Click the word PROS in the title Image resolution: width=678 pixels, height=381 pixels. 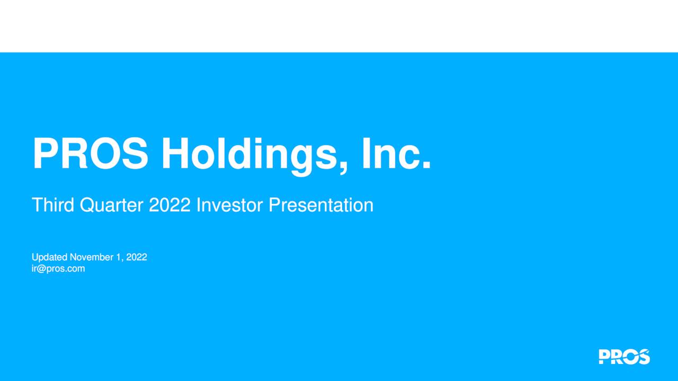tap(90, 154)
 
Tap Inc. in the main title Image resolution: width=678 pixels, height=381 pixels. tap(396, 154)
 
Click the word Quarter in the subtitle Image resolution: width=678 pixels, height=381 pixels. tap(112, 205)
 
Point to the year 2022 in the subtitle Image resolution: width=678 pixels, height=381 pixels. tap(169, 205)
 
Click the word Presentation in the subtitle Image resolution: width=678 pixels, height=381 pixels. tap(320, 205)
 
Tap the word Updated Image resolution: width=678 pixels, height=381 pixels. tap(50, 257)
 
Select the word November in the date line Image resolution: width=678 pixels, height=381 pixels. tap(91, 257)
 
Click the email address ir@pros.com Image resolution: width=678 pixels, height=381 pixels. tap(58, 268)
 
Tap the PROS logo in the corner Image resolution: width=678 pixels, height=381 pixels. tap(624, 357)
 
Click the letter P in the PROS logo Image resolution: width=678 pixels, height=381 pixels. tap(604, 357)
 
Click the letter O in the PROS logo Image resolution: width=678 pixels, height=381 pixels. tap(630, 357)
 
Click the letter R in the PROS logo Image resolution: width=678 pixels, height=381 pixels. tap(617, 357)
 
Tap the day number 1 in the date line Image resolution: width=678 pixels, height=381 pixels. tap(117, 257)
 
